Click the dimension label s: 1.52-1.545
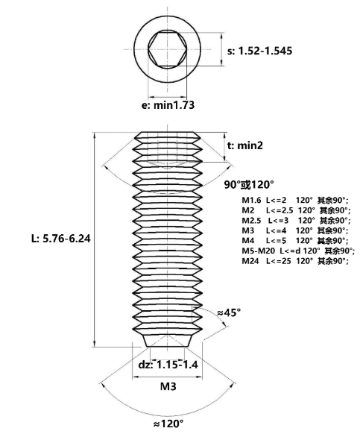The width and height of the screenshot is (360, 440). (259, 51)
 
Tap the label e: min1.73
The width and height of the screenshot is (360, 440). (168, 105)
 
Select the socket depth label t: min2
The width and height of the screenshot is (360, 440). (245, 145)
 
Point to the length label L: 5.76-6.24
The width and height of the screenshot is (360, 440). (61, 239)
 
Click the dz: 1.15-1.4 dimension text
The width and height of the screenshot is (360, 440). (168, 365)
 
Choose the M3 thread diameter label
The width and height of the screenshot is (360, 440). (168, 386)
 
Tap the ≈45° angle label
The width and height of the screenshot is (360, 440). (229, 312)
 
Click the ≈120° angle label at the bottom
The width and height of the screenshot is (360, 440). (168, 424)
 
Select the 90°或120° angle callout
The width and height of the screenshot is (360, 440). (249, 185)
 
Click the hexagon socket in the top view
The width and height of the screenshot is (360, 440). (168, 49)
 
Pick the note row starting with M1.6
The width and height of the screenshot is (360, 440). (295, 201)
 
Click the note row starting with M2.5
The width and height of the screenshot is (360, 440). (296, 220)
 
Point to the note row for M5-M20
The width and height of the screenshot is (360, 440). (298, 251)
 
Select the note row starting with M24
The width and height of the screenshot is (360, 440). (295, 261)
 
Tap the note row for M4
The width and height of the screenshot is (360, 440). (295, 240)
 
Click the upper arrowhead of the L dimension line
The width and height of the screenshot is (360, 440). (95, 135)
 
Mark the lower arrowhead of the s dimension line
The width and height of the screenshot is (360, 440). (222, 63)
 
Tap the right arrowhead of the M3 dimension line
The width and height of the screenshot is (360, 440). (199, 377)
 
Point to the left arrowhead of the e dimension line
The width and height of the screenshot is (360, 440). (151, 97)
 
